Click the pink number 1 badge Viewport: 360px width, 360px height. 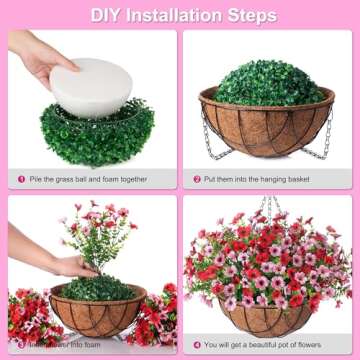coord(20,179)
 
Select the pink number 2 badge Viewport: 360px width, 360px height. coord(197,179)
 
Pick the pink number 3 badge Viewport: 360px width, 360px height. coord(20,345)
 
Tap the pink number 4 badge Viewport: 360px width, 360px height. coord(197,345)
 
